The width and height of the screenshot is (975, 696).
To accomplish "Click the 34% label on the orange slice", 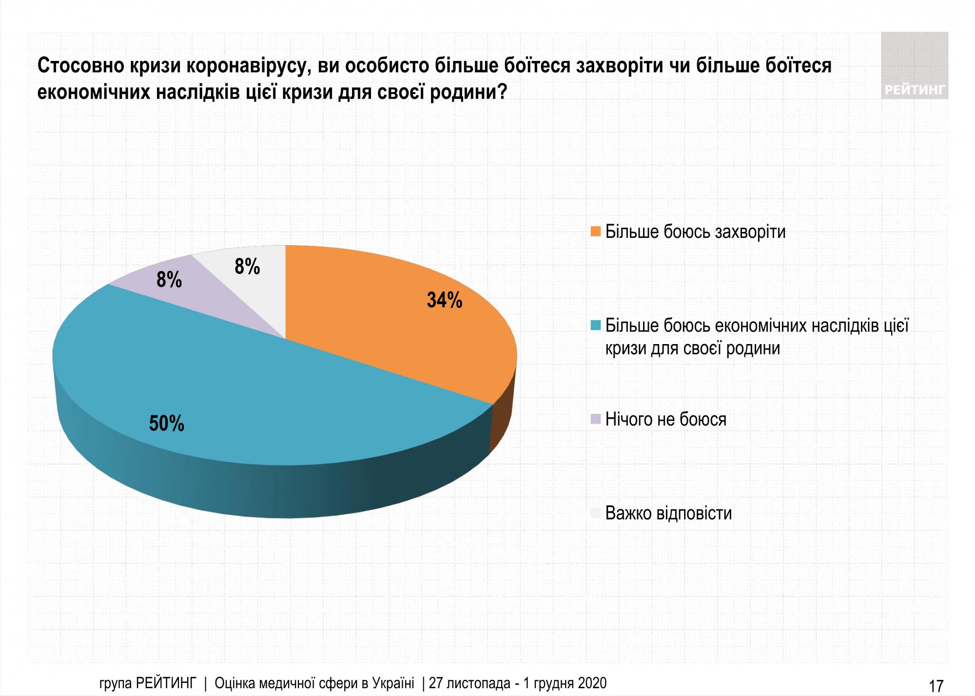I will tap(444, 300).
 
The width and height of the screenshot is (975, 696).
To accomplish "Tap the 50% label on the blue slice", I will tap(166, 424).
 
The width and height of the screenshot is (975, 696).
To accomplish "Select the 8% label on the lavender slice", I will tap(169, 280).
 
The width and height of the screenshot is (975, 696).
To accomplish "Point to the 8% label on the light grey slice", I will tap(247, 267).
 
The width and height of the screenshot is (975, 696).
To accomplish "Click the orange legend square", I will tap(595, 232).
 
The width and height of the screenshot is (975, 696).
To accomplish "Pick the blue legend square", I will tap(595, 326).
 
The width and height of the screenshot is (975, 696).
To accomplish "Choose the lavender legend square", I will tap(595, 419).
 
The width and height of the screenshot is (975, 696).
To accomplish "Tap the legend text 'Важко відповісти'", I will tap(668, 513).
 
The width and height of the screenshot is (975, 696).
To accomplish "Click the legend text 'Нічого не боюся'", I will tap(665, 419).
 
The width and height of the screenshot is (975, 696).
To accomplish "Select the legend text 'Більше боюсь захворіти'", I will tap(695, 232).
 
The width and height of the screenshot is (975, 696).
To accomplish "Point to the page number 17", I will tap(936, 686).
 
